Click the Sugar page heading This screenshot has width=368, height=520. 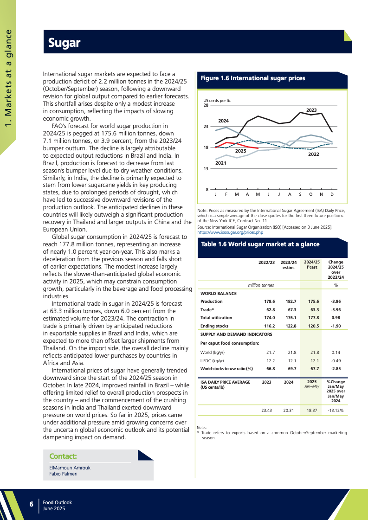pyautogui.click(x=65, y=43)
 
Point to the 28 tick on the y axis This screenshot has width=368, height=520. pyautogui.click(x=206, y=105)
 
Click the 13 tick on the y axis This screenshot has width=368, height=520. pyautogui.click(x=206, y=168)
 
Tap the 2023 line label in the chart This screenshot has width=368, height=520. pyautogui.click(x=311, y=110)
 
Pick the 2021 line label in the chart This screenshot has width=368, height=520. pyautogui.click(x=220, y=163)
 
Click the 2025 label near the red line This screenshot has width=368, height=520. pyautogui.click(x=240, y=151)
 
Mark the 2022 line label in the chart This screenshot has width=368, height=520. pyautogui.click(x=314, y=153)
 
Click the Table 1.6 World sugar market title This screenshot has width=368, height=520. pyautogui.click(x=260, y=244)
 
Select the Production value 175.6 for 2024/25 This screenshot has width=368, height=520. pyautogui.click(x=313, y=302)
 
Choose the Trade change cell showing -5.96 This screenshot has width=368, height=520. pyautogui.click(x=336, y=309)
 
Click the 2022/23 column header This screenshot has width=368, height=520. pyautogui.click(x=266, y=263)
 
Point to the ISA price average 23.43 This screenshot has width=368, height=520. pyautogui.click(x=266, y=410)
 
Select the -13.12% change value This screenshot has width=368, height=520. pyautogui.click(x=335, y=410)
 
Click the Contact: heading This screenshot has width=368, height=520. pyautogui.click(x=63, y=456)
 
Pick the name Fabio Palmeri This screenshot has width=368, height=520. pyautogui.click(x=63, y=474)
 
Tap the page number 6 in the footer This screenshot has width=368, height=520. pyautogui.click(x=31, y=504)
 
